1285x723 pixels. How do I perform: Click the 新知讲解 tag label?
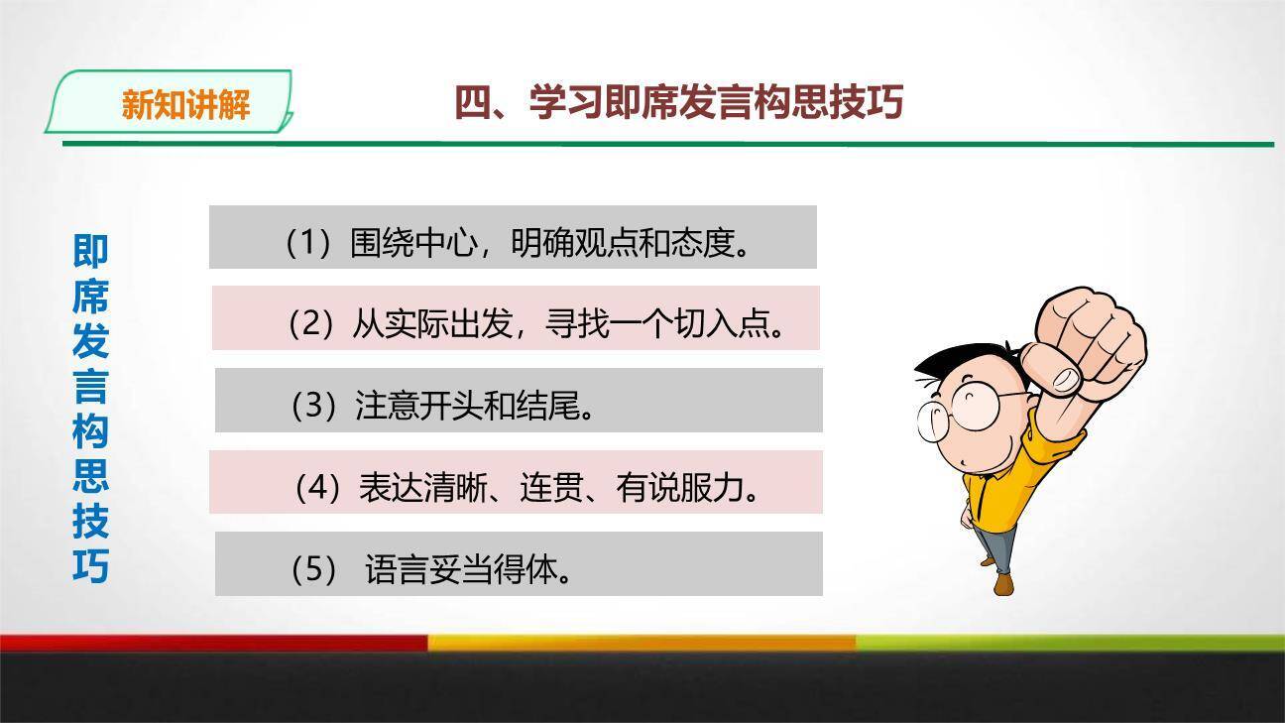coord(185,104)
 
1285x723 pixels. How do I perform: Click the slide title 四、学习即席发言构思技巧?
coord(678,102)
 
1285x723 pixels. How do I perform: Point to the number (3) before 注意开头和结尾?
coord(314,405)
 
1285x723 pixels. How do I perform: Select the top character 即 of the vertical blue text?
coord(90,251)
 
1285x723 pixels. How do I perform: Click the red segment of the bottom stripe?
coord(213,643)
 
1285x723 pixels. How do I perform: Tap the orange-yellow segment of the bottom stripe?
coord(642,643)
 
